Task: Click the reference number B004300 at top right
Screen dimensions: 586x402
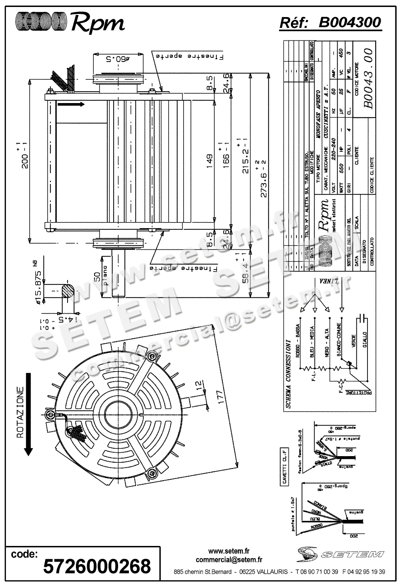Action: [x=350, y=23]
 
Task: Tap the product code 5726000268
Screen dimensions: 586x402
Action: [x=97, y=565]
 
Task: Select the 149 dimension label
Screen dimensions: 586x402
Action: [x=209, y=161]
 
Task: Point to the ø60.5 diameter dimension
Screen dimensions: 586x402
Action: [x=118, y=58]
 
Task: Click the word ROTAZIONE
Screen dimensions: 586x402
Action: [x=20, y=413]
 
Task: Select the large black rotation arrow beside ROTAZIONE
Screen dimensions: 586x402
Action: [x=29, y=414]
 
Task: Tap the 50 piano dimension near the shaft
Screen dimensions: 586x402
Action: [x=98, y=277]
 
